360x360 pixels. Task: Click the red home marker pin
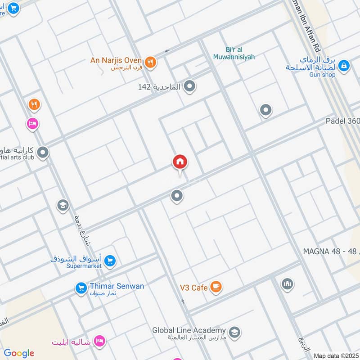pyautogui.click(x=180, y=162)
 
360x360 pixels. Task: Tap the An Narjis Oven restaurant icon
pyautogui.click(x=150, y=63)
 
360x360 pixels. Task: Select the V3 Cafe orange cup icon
pyautogui.click(x=216, y=287)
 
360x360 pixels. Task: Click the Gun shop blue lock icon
pyautogui.click(x=344, y=66)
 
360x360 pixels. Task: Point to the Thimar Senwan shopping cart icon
pyautogui.click(x=81, y=288)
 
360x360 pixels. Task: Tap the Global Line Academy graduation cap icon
pyautogui.click(x=234, y=333)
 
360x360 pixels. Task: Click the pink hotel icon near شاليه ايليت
pyautogui.click(x=100, y=342)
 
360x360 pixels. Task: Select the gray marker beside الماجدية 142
pyautogui.click(x=190, y=86)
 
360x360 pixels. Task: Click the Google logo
pyautogui.click(x=19, y=353)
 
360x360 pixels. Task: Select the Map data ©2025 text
pyautogui.click(x=336, y=355)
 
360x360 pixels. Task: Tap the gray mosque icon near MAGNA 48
pyautogui.click(x=288, y=284)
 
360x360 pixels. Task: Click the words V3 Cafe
pyautogui.click(x=193, y=287)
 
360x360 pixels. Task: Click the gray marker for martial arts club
pyautogui.click(x=43, y=153)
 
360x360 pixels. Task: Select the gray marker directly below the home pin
pyautogui.click(x=177, y=196)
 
